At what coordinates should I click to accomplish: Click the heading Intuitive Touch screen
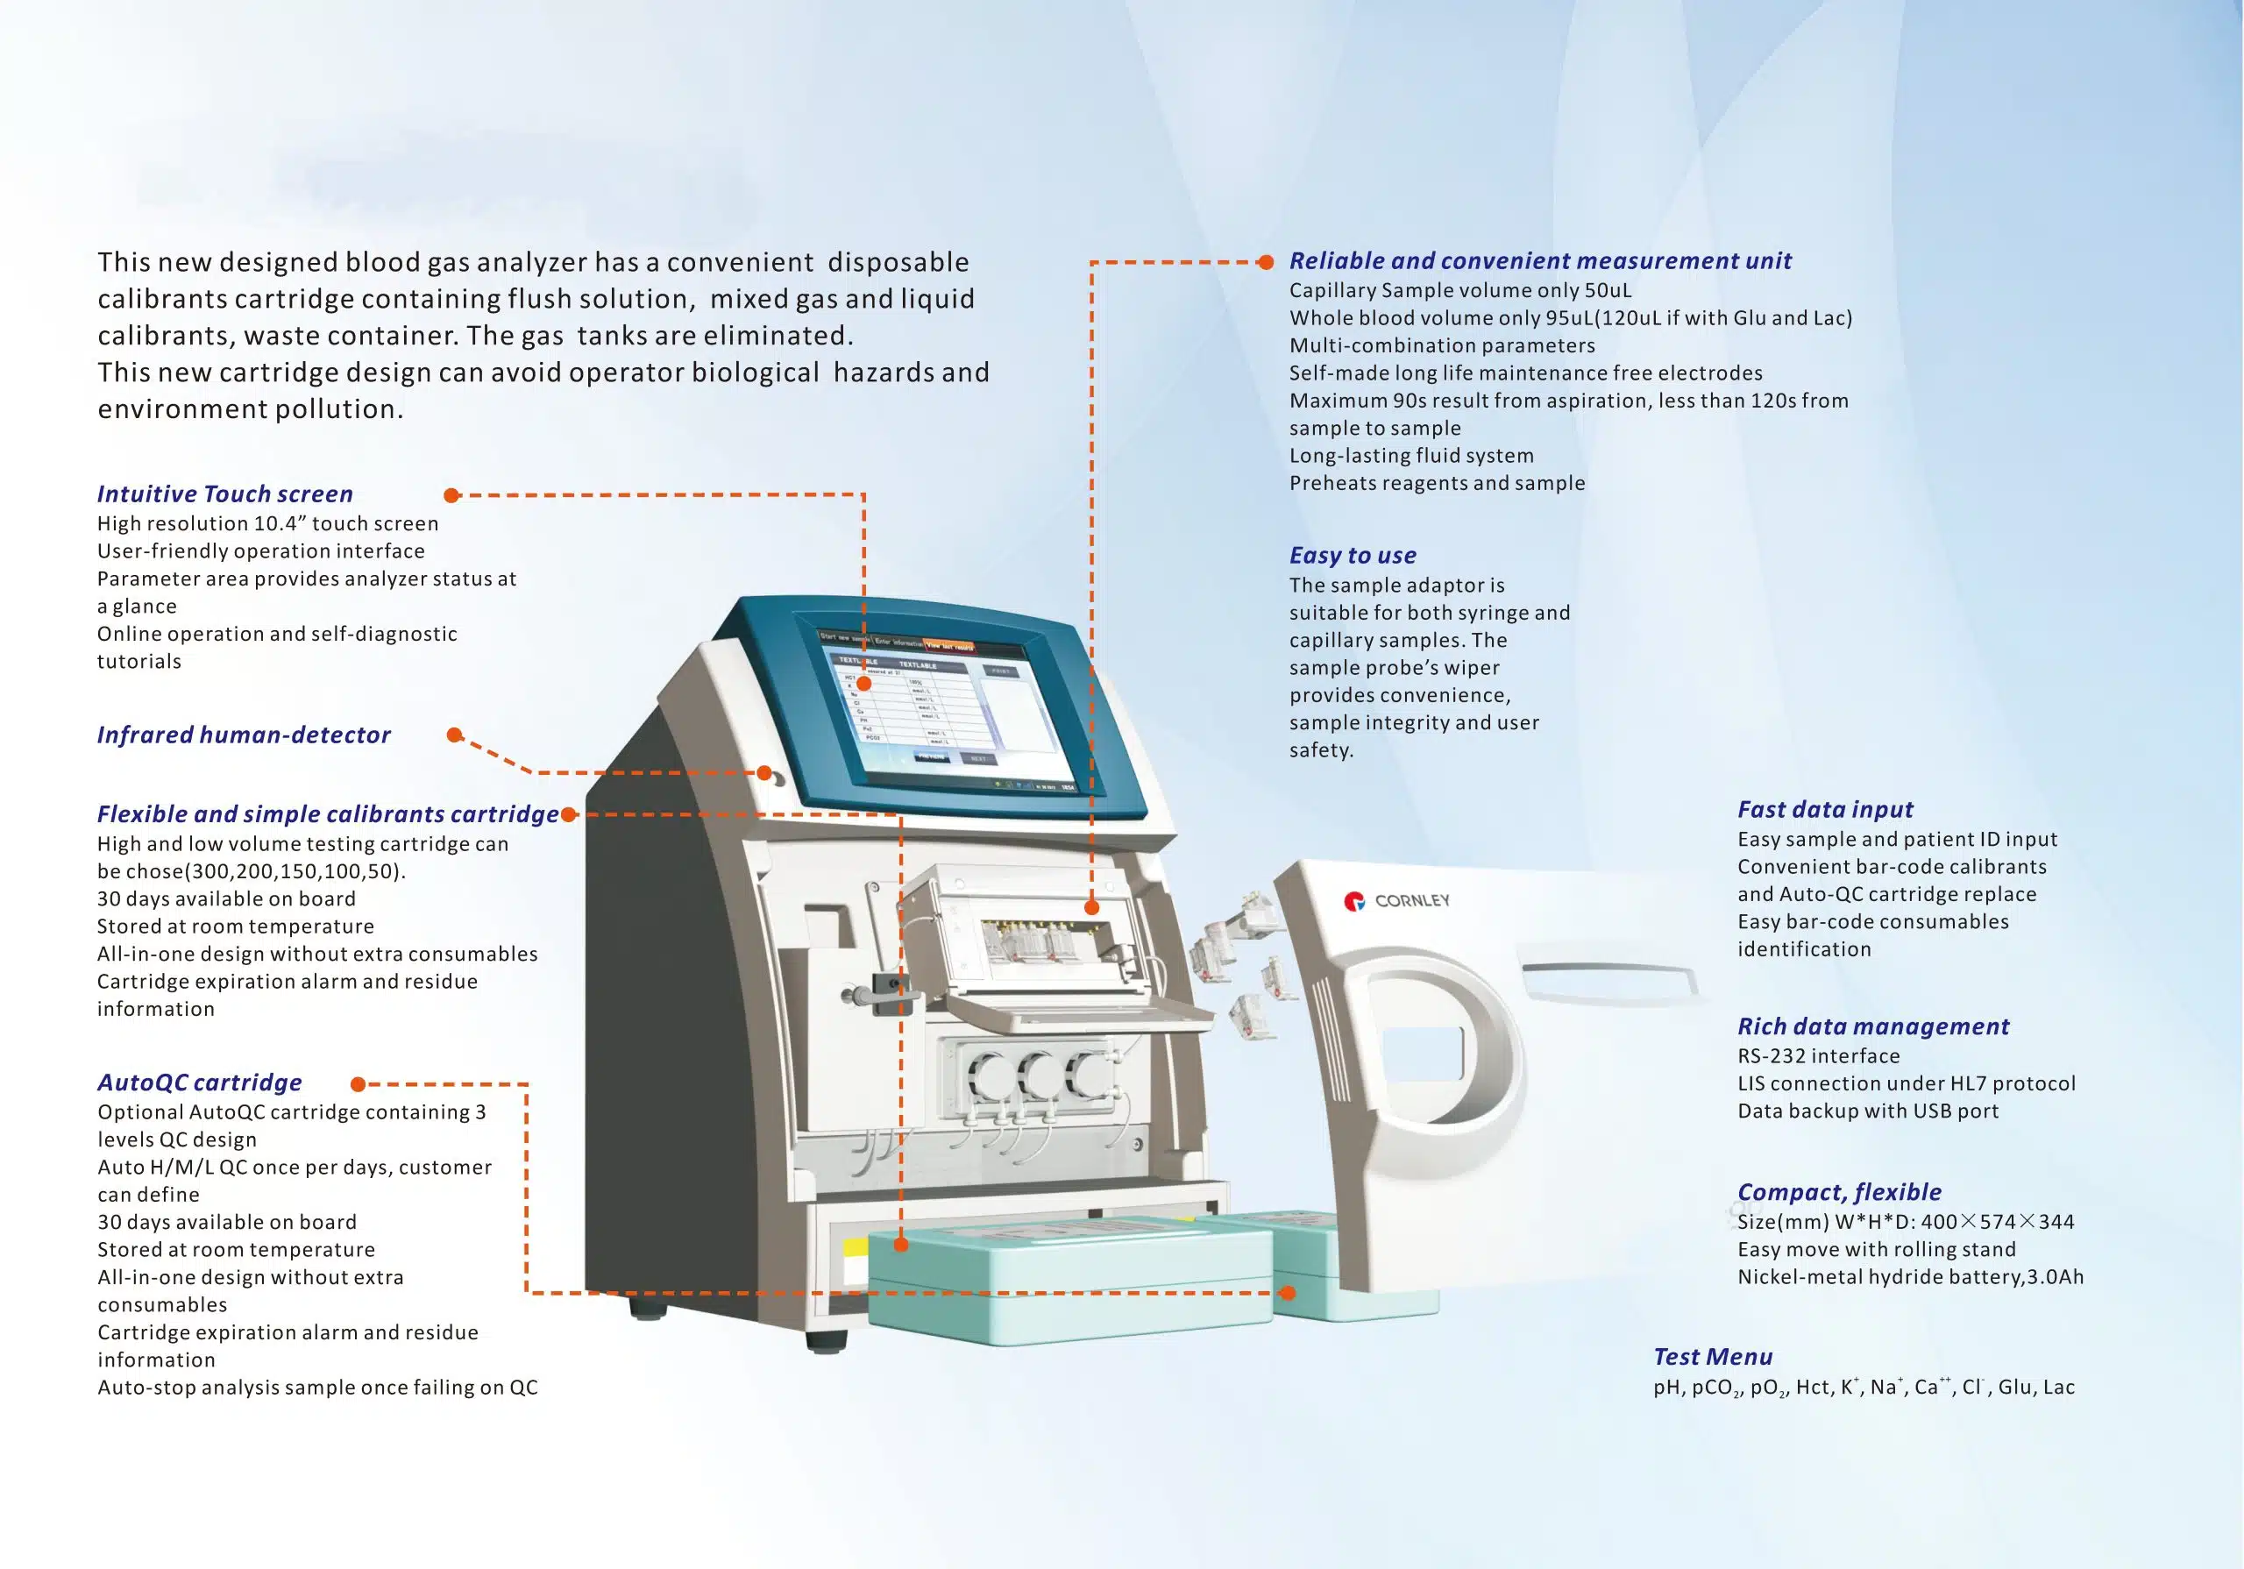pyautogui.click(x=224, y=494)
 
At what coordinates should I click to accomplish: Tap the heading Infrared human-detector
pyautogui.click(x=244, y=735)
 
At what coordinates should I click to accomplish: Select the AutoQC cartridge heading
pyautogui.click(x=199, y=1083)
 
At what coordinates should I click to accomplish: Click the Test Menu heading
pyautogui.click(x=1712, y=1358)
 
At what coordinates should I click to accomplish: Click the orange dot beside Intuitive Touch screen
pyautogui.click(x=451, y=495)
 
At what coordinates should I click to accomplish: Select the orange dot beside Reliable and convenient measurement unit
pyautogui.click(x=1266, y=262)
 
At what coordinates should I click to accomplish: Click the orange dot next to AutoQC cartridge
pyautogui.click(x=359, y=1084)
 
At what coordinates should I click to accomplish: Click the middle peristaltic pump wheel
pyautogui.click(x=1038, y=1077)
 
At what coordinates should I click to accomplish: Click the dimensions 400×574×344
pyautogui.click(x=1997, y=1222)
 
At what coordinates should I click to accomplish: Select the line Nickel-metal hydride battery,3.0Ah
pyautogui.click(x=1910, y=1278)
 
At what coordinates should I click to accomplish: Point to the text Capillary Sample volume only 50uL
pyautogui.click(x=1459, y=291)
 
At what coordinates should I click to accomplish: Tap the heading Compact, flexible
pyautogui.click(x=1838, y=1193)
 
